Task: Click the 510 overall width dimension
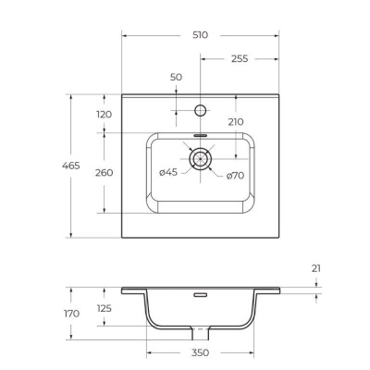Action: pyautogui.click(x=201, y=34)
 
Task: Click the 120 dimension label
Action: pyautogui.click(x=104, y=114)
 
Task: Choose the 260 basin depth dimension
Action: pyautogui.click(x=104, y=172)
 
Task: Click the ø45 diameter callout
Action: pyautogui.click(x=168, y=173)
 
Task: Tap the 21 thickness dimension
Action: pyautogui.click(x=316, y=268)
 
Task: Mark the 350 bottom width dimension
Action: pyautogui.click(x=201, y=352)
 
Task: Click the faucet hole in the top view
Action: pyautogui.click(x=201, y=110)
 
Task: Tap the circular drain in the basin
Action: pyautogui.click(x=201, y=159)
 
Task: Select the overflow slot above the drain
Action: pyautogui.click(x=201, y=134)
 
